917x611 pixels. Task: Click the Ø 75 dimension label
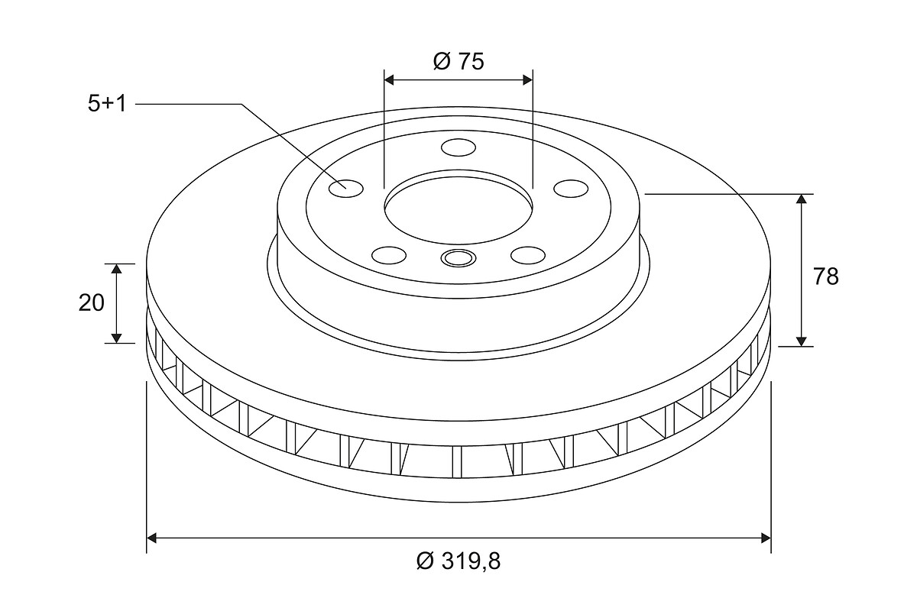458,61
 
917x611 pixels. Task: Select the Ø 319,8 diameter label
458,561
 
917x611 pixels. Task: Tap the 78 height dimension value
826,276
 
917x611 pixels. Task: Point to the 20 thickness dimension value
91,303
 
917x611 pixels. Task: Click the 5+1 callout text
107,104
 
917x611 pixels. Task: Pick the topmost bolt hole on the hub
458,147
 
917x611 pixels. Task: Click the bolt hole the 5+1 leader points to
346,189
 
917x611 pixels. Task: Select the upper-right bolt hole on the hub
571,188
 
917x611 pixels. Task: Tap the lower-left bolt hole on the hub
389,255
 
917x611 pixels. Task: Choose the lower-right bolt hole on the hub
528,255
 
